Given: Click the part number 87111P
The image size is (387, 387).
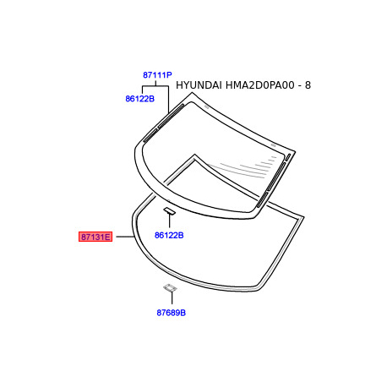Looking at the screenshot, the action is coord(157,75).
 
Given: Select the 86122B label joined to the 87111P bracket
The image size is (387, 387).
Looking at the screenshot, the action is coord(139,99).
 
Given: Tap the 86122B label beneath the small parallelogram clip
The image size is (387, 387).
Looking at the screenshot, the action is coord(169,235).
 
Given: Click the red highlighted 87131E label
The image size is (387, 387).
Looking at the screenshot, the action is coord(95,237).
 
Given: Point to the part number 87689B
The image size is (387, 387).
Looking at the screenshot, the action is coord(171,313).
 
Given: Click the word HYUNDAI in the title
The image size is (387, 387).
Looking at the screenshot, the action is coord(199,85).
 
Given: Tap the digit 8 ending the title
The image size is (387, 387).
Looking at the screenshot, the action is coord(308,85).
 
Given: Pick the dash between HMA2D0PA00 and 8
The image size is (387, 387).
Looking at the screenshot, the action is coord(300,86).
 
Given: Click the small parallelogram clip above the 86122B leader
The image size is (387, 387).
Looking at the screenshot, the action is coord(169,210).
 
